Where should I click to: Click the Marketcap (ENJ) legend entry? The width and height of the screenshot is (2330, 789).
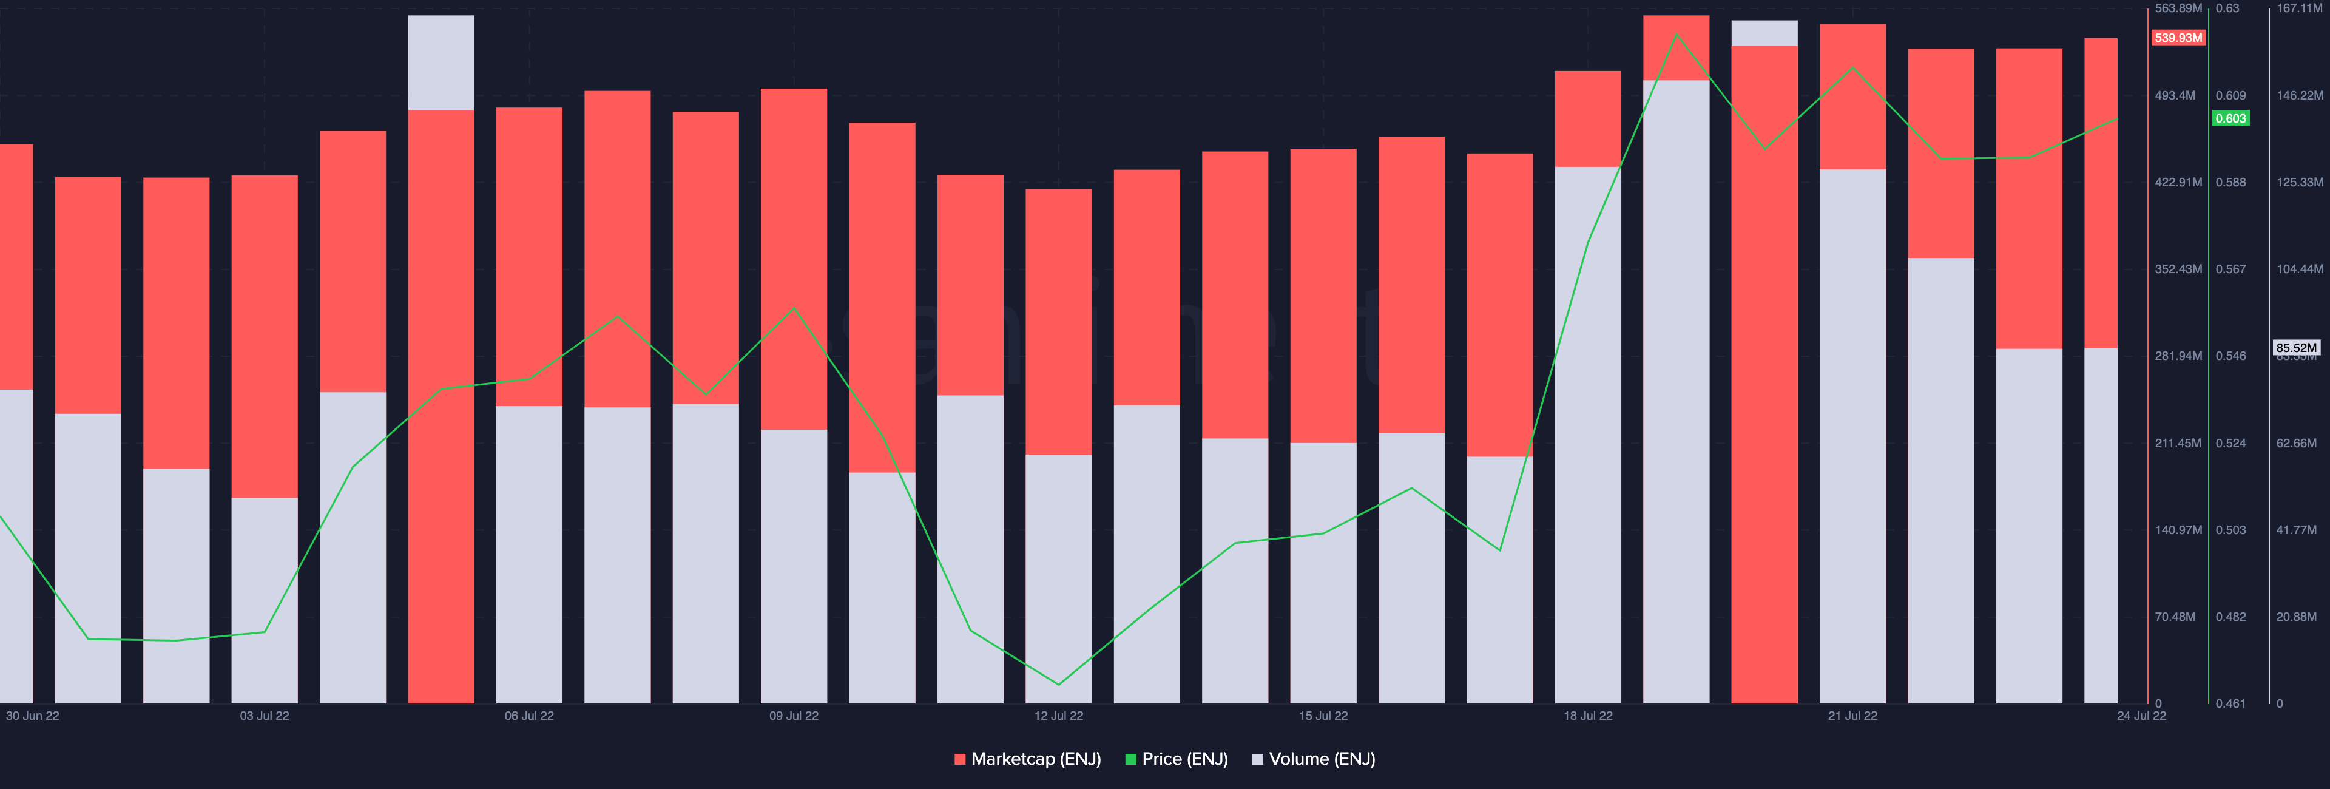(1027, 759)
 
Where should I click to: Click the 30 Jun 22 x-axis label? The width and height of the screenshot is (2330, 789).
(33, 716)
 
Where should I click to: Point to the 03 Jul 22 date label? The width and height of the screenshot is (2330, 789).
(264, 716)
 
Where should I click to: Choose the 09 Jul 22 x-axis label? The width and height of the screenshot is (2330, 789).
(793, 716)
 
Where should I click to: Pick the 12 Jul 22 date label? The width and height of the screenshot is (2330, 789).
(1058, 716)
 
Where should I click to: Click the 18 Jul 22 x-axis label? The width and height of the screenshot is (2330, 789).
(1587, 716)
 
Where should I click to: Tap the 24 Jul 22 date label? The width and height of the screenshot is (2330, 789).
(2141, 716)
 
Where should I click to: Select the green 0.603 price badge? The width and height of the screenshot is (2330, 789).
(2230, 118)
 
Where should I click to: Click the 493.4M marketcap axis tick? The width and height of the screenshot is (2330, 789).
(2175, 95)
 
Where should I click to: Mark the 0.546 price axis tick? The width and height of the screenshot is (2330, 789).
(2230, 356)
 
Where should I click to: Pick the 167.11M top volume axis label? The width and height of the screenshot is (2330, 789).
(2298, 8)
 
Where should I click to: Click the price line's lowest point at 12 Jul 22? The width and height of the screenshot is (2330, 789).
(1058, 684)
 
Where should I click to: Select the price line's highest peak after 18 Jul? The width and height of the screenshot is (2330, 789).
(1676, 35)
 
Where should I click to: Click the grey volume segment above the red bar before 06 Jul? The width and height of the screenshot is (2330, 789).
(441, 63)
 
